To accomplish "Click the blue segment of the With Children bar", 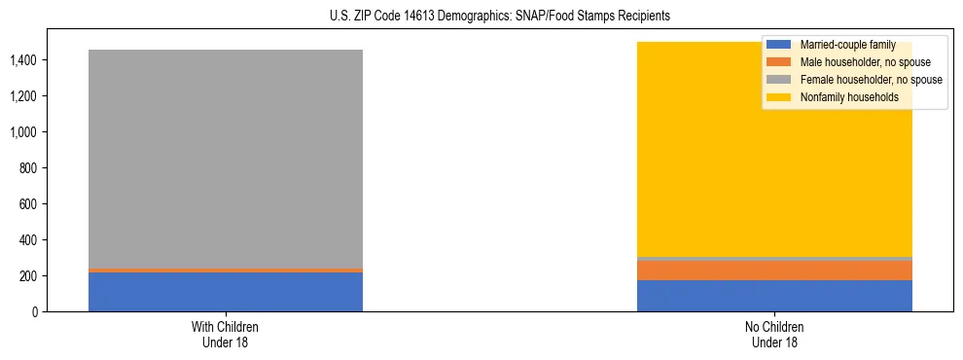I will [226, 292].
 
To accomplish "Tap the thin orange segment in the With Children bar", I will [226, 270].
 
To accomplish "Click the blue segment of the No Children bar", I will [774, 296].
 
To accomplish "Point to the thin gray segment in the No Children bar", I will [774, 259].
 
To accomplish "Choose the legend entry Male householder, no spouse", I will [851, 62].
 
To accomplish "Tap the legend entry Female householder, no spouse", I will [856, 80].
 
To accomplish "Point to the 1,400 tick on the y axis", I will [22, 60].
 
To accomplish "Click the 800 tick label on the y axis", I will [27, 168].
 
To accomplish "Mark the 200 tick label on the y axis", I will [27, 276].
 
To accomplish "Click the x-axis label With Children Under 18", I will [226, 334].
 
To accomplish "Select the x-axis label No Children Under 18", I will [774, 334].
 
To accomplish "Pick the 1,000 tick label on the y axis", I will [22, 132].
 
